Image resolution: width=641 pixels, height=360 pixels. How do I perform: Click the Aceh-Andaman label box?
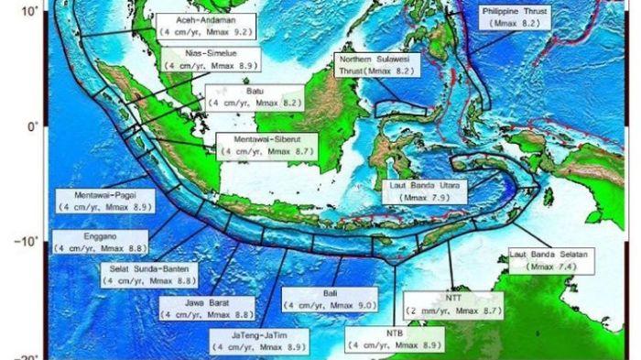pyautogui.click(x=205, y=25)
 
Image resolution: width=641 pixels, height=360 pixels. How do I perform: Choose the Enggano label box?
pyautogui.click(x=99, y=242)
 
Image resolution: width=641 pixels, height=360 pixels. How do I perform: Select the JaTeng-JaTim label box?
pyautogui.click(x=260, y=342)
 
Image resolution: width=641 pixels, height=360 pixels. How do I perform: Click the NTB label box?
pyautogui.click(x=396, y=340)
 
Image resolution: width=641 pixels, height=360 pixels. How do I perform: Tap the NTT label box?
pyautogui.click(x=454, y=305)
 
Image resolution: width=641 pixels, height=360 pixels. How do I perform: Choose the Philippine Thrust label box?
pyautogui.click(x=516, y=16)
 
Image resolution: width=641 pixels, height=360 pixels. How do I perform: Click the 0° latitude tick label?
pyautogui.click(x=32, y=126)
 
